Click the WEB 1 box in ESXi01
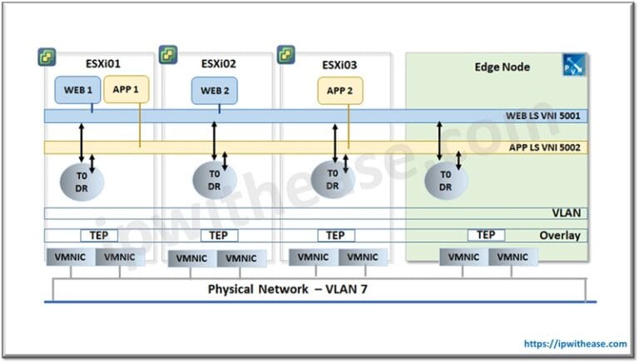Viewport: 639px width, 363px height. point(77,90)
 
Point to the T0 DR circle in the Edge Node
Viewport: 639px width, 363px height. point(445,181)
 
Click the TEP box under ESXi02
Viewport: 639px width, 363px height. point(219,236)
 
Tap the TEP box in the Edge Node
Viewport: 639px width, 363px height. point(486,236)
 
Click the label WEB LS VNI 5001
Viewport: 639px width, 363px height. point(544,116)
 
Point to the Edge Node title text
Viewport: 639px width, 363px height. point(502,67)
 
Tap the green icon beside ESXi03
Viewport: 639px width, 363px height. point(286,55)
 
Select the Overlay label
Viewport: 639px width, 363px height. point(559,236)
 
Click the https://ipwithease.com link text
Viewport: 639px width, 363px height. point(573,343)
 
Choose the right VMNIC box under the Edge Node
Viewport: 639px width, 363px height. point(513,257)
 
